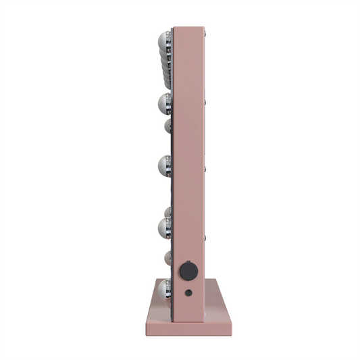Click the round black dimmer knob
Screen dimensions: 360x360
coord(188,272)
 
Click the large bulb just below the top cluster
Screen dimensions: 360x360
coord(164,103)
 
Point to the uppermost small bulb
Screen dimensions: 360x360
coord(167,126)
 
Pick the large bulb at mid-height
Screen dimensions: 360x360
coord(164,163)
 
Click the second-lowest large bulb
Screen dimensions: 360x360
coord(164,224)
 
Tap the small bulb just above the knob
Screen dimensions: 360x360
coord(167,257)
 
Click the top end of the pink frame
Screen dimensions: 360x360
coord(189,28)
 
